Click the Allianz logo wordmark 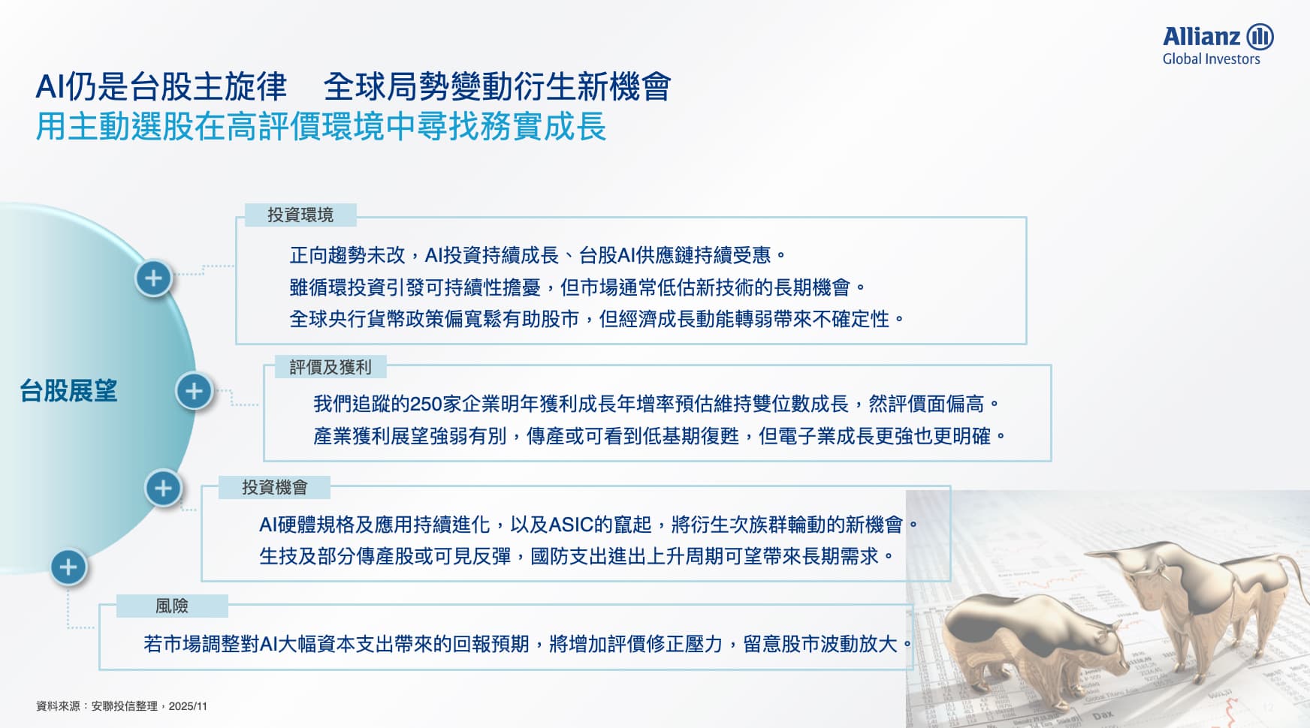click(1201, 36)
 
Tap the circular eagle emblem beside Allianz click(1260, 36)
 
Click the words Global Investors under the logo click(1211, 59)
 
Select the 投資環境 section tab click(300, 215)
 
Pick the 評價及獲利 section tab click(331, 367)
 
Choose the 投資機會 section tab click(275, 487)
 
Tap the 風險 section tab click(172, 606)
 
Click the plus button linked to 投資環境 click(154, 278)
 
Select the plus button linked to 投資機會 click(163, 489)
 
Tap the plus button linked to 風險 click(68, 567)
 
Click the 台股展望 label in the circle click(68, 391)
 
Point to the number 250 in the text click(426, 405)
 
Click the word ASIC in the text click(571, 525)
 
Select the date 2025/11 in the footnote click(188, 706)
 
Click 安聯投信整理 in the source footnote click(125, 706)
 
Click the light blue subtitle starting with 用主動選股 click(321, 126)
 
